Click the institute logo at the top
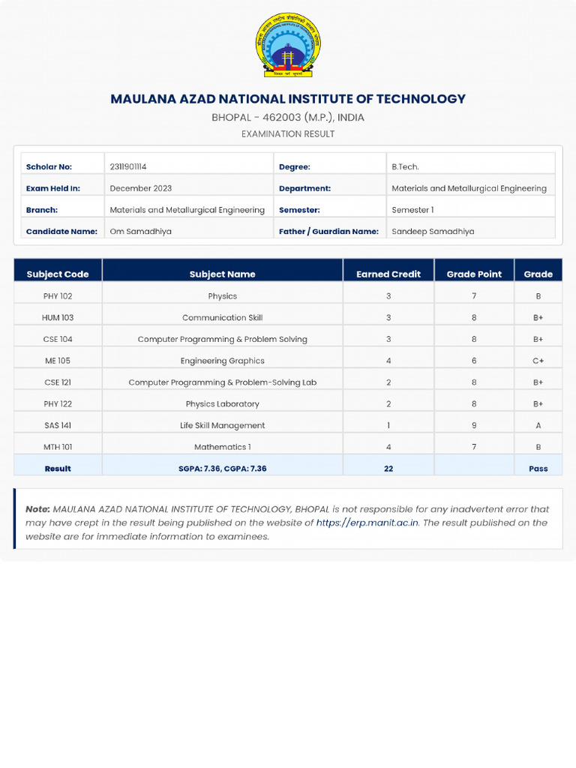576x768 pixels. (288, 45)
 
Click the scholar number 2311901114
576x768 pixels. (133, 166)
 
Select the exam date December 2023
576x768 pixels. (141, 188)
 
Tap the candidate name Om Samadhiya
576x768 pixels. (141, 232)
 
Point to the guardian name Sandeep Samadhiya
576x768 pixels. (433, 232)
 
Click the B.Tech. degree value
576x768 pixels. (406, 166)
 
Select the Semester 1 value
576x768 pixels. (412, 210)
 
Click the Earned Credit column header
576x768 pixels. (388, 274)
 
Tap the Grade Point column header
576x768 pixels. (474, 274)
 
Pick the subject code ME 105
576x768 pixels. (58, 361)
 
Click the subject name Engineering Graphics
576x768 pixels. (223, 361)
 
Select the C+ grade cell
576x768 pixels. (538, 361)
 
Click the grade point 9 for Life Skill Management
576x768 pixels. (474, 425)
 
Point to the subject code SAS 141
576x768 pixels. (58, 425)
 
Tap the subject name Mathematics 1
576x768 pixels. (223, 447)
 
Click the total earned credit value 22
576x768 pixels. (388, 469)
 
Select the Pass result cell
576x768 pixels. (538, 469)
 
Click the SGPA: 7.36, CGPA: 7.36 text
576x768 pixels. (223, 469)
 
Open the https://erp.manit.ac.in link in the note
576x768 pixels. (367, 523)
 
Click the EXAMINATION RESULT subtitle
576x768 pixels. (288, 134)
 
